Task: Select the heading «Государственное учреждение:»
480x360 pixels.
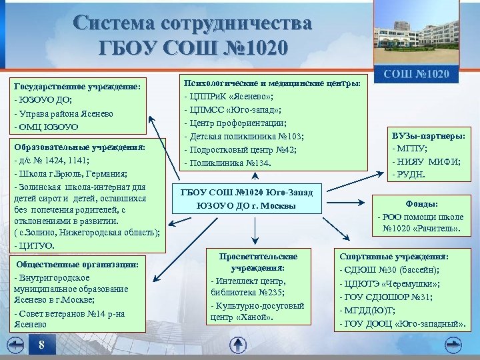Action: coord(77,86)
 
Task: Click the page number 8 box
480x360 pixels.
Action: coord(42,345)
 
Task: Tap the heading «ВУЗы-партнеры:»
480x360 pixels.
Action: coord(429,136)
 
